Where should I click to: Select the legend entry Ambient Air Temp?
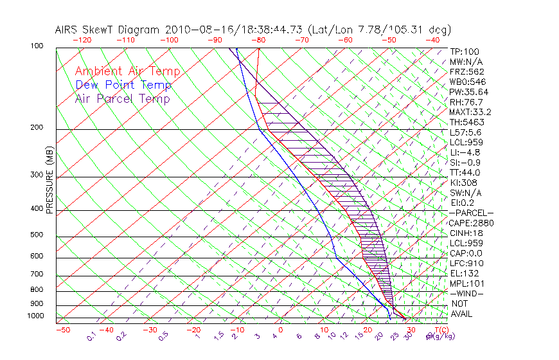click(x=127, y=71)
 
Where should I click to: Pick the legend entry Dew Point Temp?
click(x=123, y=85)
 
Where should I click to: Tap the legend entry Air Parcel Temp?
click(x=122, y=98)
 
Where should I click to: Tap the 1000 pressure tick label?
click(x=36, y=316)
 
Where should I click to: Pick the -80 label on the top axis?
click(x=258, y=40)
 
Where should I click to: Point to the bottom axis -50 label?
click(x=62, y=330)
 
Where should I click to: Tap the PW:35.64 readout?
click(x=469, y=92)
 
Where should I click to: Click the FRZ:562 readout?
click(x=467, y=71)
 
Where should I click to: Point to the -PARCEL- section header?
click(x=472, y=213)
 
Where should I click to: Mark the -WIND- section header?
click(x=467, y=293)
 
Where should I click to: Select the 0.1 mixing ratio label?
click(x=91, y=335)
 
